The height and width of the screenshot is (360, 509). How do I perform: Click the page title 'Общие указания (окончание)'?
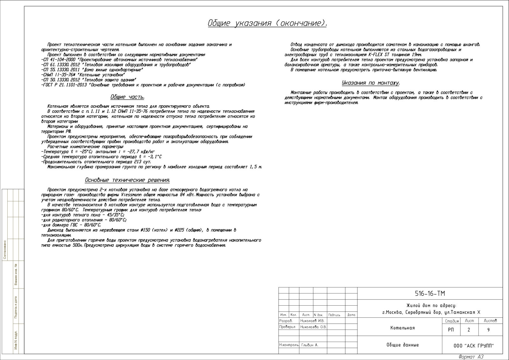(267, 23)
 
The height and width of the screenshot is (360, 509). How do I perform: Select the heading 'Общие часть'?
(128, 97)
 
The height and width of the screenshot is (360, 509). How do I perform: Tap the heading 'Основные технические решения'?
(127, 180)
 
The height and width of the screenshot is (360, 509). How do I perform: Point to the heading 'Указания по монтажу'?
(371, 83)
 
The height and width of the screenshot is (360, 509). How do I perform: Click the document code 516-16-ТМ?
(430, 294)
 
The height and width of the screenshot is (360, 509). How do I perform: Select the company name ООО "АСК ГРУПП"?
(474, 346)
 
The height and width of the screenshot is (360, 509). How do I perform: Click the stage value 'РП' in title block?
(451, 330)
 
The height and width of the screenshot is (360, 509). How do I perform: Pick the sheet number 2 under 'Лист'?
(469, 330)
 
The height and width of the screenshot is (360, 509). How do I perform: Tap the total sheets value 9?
(488, 330)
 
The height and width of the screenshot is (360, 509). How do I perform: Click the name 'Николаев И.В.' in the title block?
(312, 321)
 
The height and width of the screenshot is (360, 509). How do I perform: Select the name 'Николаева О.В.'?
(313, 327)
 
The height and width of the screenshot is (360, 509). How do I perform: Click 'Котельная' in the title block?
(402, 328)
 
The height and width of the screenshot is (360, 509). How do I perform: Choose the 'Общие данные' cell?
(402, 345)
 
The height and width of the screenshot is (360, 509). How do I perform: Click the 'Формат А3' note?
(471, 357)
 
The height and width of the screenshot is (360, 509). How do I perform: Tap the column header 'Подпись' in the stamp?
(334, 315)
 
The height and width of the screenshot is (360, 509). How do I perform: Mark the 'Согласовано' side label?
(5, 249)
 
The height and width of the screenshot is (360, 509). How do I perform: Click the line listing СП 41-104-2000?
(119, 60)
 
